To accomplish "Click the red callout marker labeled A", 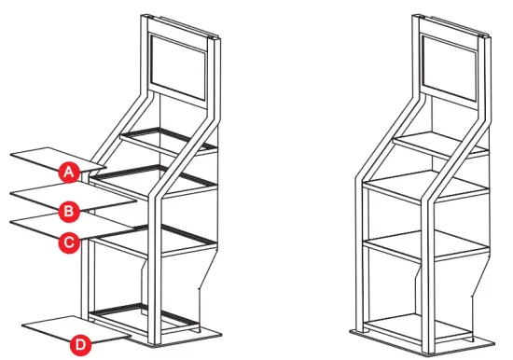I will tap(68, 172).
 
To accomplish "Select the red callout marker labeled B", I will tap(68, 207).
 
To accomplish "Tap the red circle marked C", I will tap(68, 242).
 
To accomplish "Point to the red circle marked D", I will tap(81, 344).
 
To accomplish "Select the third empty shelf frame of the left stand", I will tap(154, 237).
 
